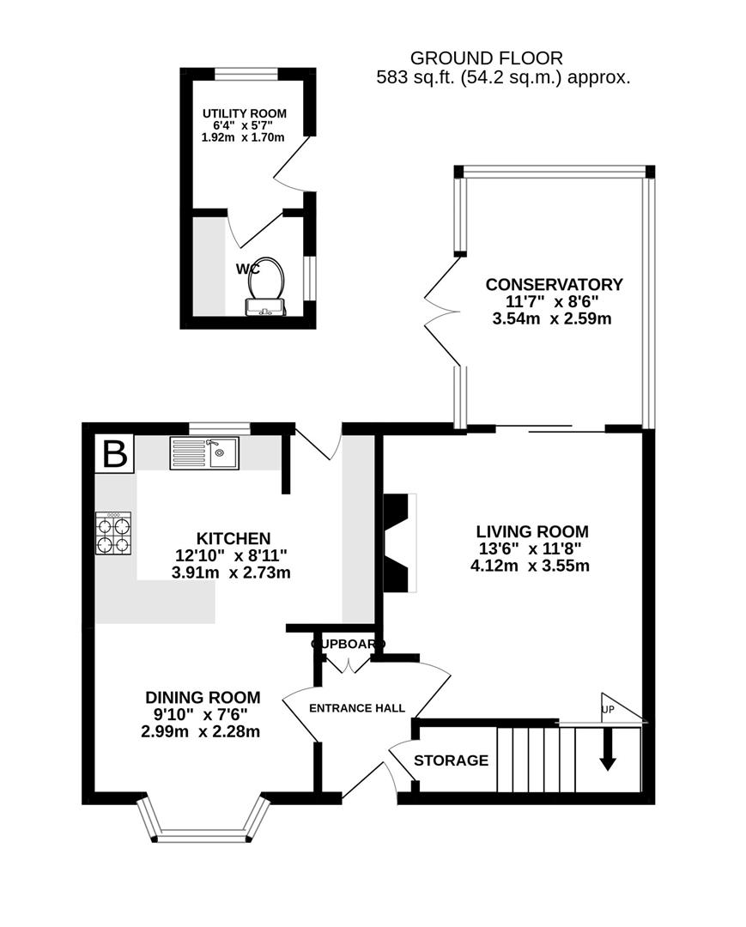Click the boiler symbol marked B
[114, 454]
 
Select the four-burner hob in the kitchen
[112, 533]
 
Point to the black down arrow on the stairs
[608, 750]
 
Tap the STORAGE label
[451, 760]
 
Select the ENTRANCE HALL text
[357, 708]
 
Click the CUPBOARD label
[348, 644]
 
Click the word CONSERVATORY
[554, 285]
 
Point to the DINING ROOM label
[202, 698]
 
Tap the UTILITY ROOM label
[244, 113]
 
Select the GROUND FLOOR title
[486, 58]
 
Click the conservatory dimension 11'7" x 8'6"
[554, 302]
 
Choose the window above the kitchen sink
[219, 427]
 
